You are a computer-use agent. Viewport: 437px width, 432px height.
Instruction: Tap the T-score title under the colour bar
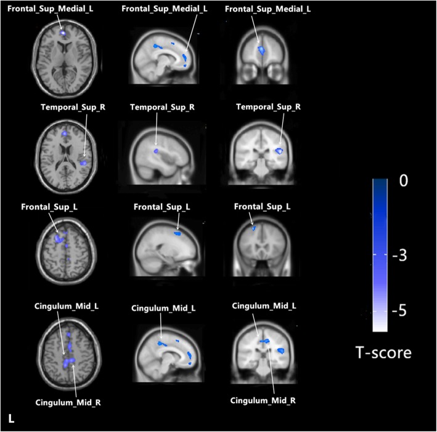point(384,353)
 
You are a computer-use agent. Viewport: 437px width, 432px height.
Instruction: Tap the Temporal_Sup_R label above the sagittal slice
point(162,106)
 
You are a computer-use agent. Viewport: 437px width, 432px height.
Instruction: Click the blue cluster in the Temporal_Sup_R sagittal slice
point(156,150)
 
